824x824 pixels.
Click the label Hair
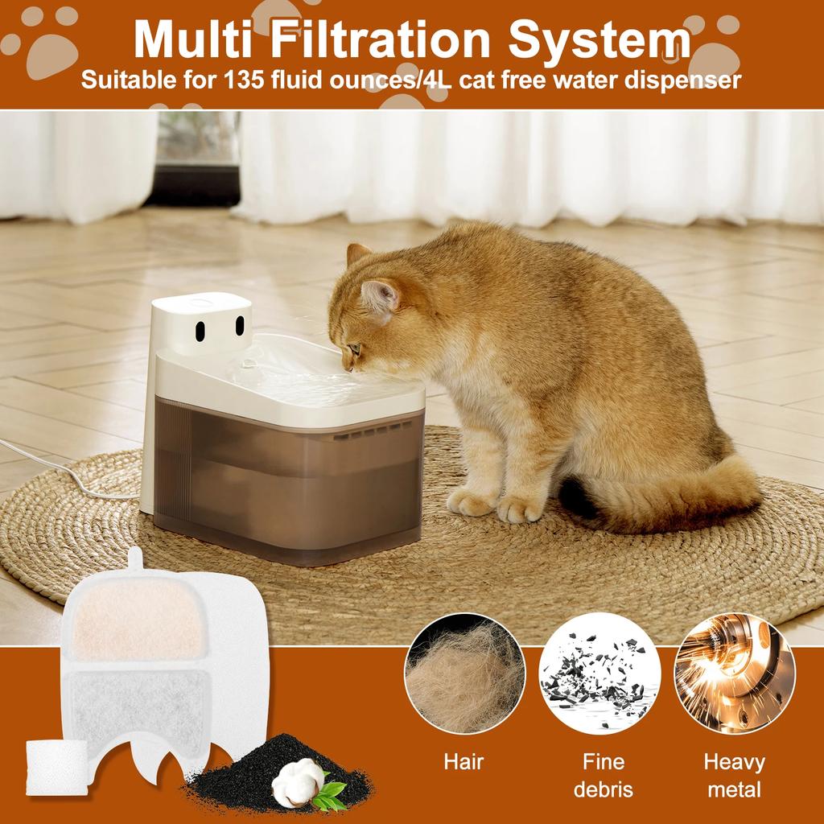464,761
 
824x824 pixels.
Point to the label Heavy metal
734,775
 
